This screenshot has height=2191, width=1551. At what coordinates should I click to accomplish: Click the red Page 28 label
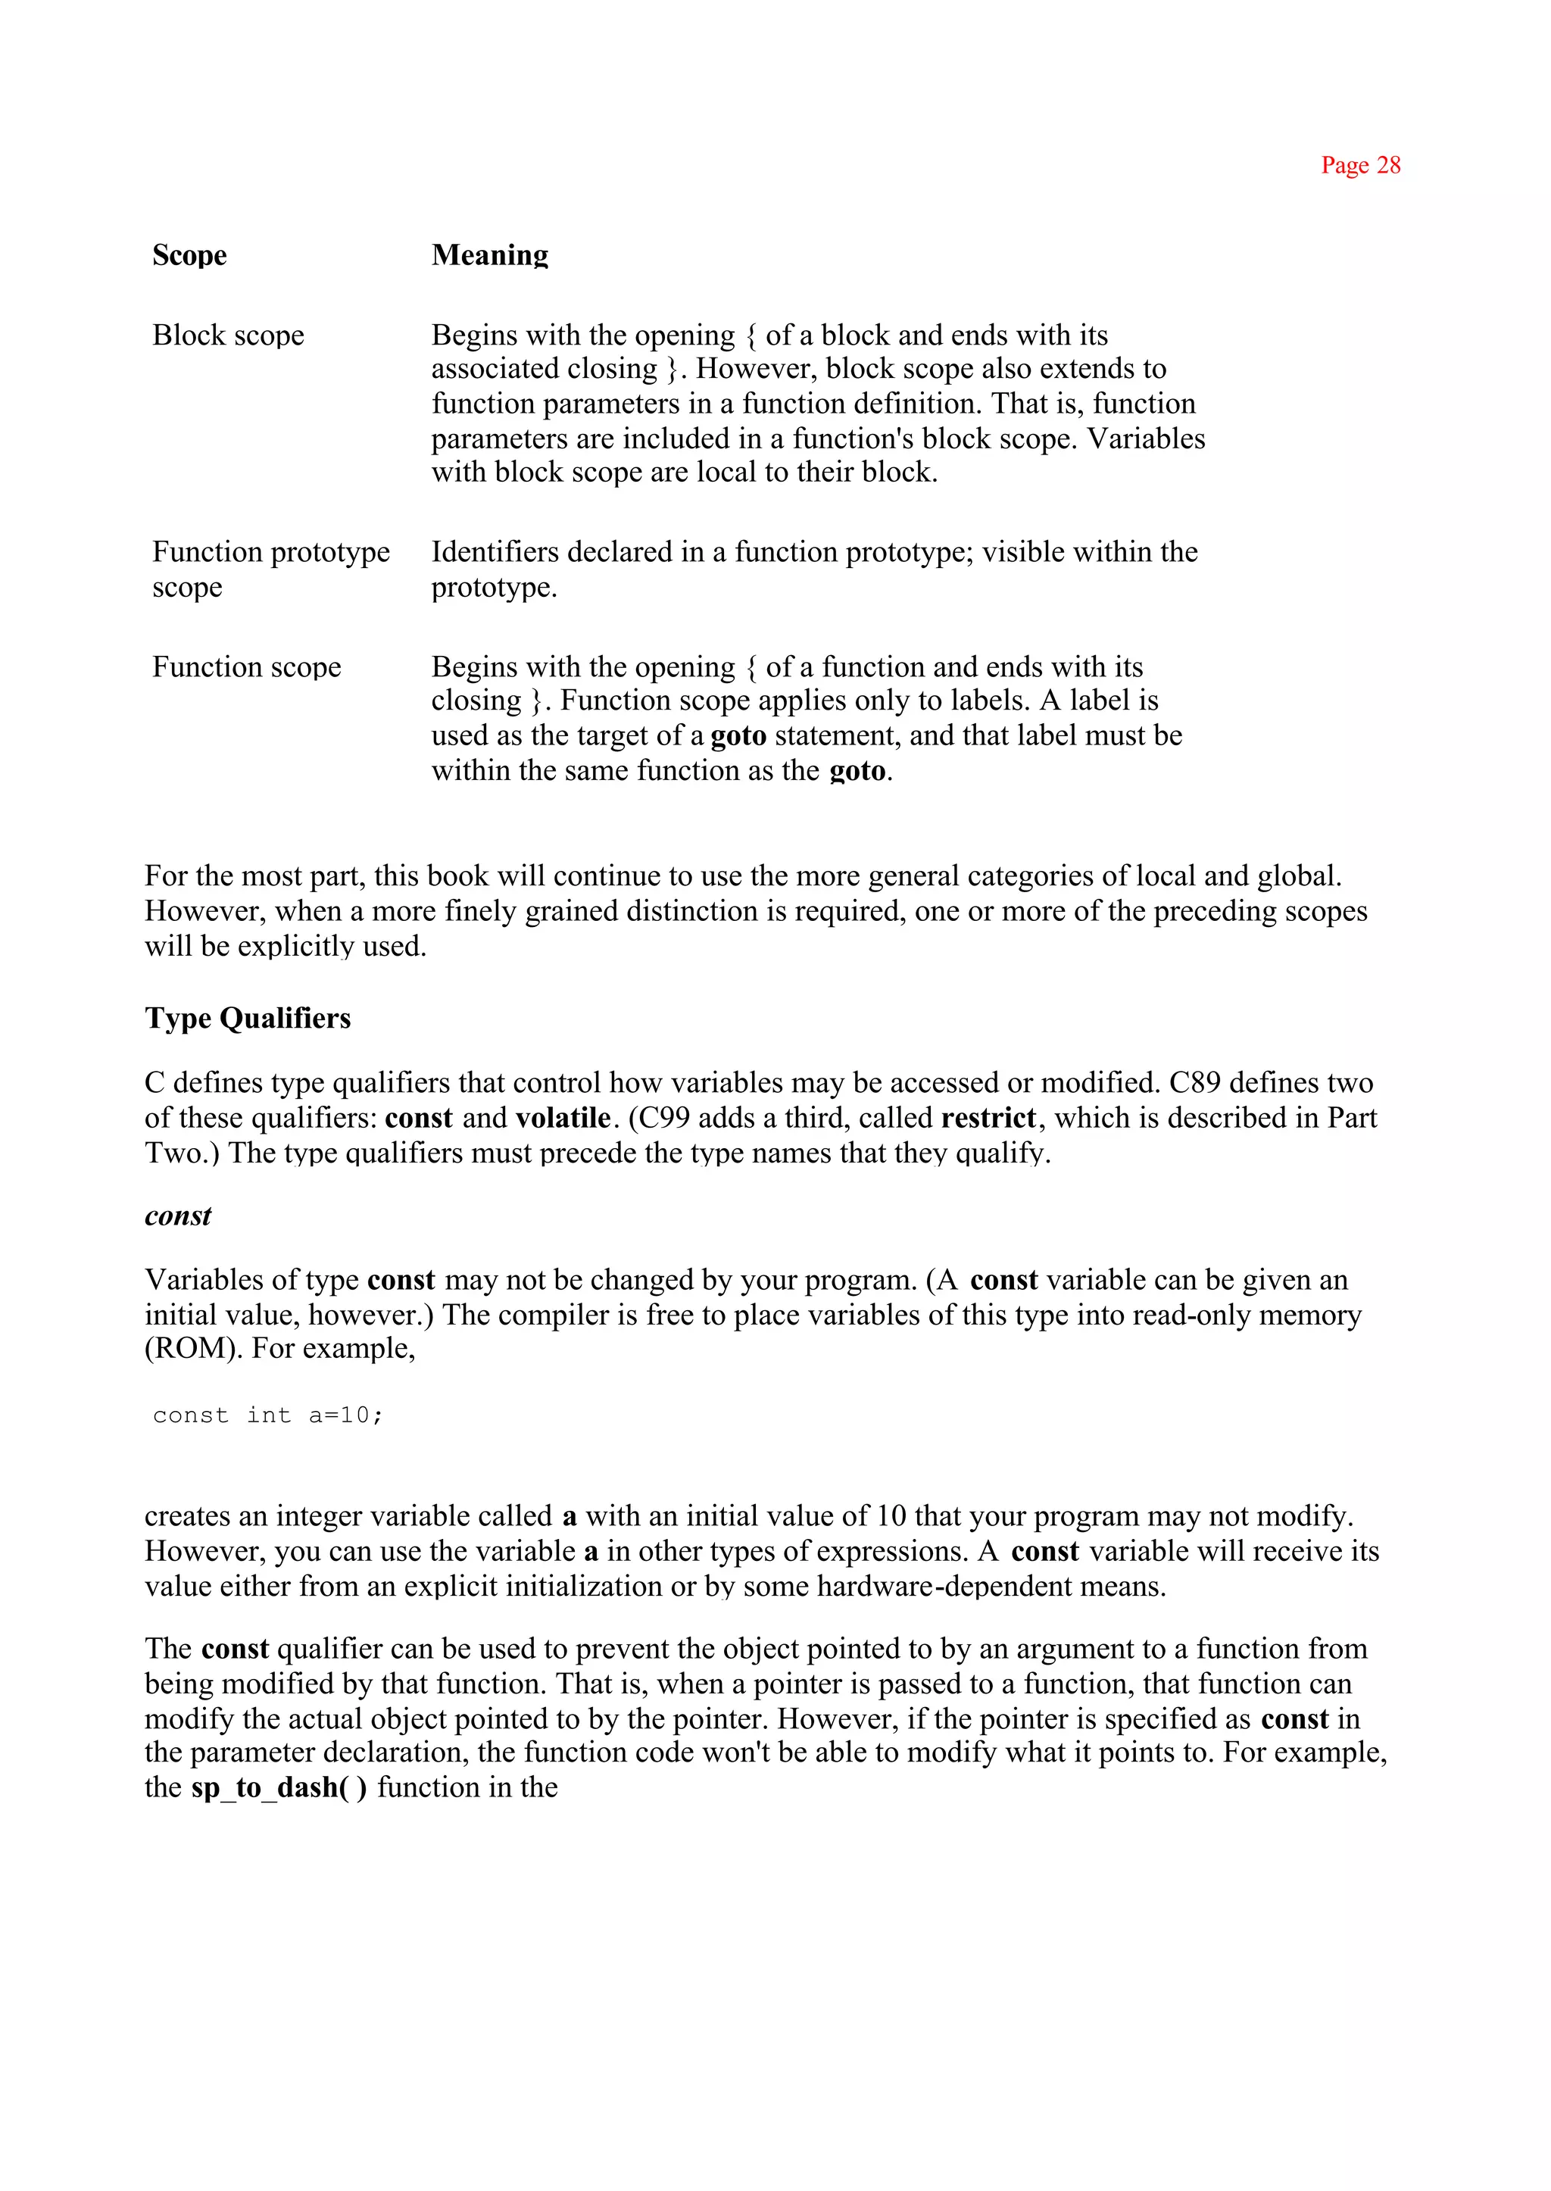[1360, 165]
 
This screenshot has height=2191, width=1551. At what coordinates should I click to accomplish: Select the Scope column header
[189, 255]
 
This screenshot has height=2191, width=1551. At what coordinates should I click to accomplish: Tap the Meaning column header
[489, 255]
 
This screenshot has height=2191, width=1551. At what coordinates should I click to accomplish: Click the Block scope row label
[228, 336]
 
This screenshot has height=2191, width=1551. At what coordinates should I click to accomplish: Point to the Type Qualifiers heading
[248, 1018]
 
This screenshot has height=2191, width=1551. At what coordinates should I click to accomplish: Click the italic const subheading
[178, 1216]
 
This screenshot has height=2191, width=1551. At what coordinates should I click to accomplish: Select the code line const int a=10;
[267, 1415]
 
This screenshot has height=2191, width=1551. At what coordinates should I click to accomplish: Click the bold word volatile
[563, 1118]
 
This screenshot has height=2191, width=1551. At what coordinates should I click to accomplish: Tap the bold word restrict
[988, 1118]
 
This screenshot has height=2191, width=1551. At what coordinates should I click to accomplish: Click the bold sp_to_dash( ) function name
[278, 1787]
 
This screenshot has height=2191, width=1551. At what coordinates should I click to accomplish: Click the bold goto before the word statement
[738, 735]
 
